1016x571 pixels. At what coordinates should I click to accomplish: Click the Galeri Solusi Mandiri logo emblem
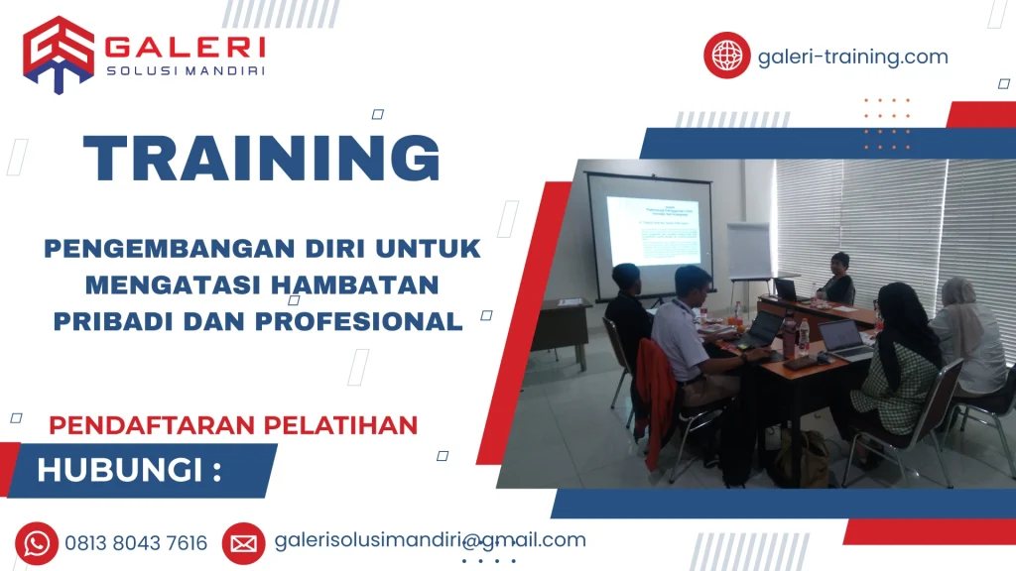(x=59, y=54)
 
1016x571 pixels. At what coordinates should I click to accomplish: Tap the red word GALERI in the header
(x=185, y=47)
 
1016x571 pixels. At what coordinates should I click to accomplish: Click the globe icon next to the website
(x=727, y=55)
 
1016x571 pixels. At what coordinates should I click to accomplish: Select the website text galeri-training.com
(x=852, y=57)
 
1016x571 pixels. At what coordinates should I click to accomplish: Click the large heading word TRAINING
(x=262, y=158)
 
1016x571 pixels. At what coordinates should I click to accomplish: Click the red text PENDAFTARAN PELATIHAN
(x=233, y=424)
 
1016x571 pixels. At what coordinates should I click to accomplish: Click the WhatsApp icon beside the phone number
(x=37, y=543)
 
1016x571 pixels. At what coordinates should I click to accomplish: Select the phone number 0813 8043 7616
(x=136, y=543)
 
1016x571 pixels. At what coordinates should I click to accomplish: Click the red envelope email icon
(x=243, y=543)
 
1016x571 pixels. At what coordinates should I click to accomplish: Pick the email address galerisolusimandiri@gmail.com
(x=430, y=540)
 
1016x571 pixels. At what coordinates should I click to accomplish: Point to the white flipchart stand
(x=749, y=252)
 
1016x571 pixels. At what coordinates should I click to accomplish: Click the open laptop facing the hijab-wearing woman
(x=843, y=339)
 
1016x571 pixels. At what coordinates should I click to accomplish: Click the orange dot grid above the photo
(x=886, y=124)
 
